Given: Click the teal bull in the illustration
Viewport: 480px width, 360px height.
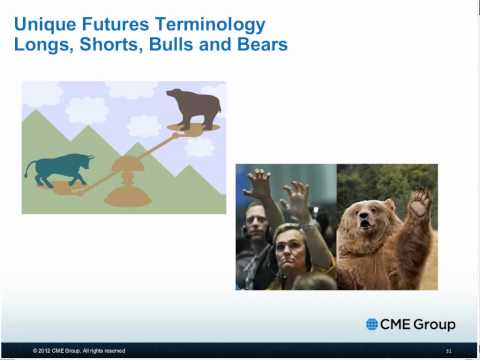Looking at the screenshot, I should click(60, 169).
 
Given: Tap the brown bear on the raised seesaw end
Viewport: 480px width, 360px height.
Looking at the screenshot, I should click(194, 107).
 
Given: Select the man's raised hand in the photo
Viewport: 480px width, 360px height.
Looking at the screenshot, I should click(258, 183).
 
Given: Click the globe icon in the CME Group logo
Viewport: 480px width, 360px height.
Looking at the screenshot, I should click(372, 324).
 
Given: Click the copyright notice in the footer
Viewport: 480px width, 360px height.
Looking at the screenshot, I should click(79, 351).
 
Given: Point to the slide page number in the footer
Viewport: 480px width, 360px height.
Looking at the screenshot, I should click(449, 351).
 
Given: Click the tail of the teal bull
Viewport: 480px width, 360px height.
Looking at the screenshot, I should click(29, 170).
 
